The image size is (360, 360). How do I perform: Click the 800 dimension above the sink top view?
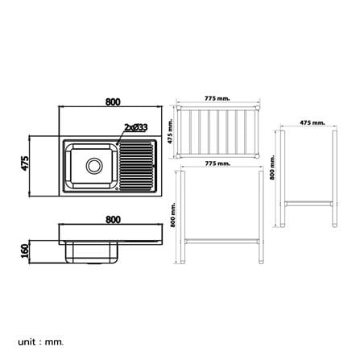pos(113,102)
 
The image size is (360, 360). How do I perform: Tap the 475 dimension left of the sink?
pos(25,163)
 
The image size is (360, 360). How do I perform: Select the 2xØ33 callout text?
pos(136,127)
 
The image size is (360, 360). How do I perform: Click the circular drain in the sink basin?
pos(94,166)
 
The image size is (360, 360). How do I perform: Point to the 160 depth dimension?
pos(25,251)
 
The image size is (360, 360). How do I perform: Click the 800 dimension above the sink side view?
pos(113,220)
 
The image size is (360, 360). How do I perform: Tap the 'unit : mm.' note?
pos(41,334)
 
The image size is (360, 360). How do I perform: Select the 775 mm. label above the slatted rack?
pos(217,98)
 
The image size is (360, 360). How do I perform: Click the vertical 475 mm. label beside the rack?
pos(170,131)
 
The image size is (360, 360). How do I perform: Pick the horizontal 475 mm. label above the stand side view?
pos(312,122)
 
